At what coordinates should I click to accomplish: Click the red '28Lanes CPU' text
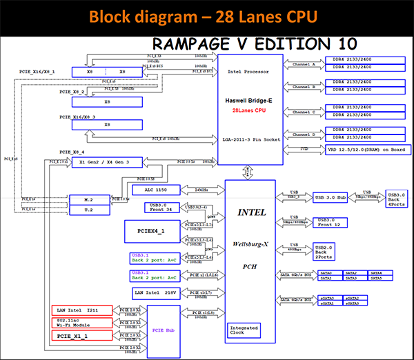coord(250,110)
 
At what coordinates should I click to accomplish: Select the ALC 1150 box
coord(155,190)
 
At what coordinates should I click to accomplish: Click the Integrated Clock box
coord(244,330)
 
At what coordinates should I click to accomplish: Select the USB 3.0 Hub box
coord(333,197)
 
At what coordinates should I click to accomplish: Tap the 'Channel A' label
coord(304,64)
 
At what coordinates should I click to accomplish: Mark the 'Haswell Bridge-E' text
coord(250,100)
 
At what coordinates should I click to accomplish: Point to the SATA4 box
coord(376,274)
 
